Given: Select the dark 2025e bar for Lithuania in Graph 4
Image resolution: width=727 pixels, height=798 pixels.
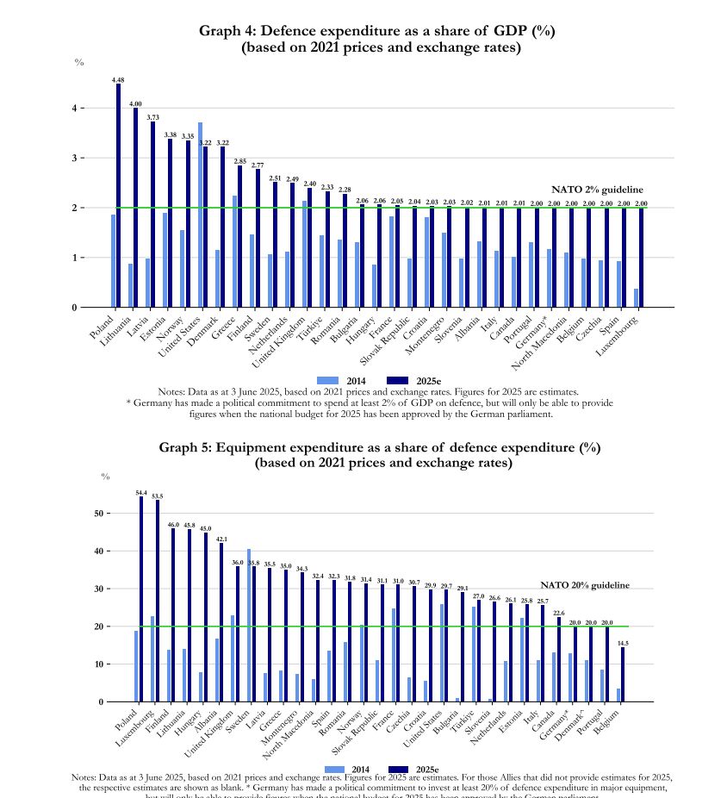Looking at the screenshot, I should tap(136, 207).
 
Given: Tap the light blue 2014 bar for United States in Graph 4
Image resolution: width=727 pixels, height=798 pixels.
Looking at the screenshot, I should tap(200, 215).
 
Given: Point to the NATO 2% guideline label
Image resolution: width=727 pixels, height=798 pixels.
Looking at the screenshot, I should tap(597, 190).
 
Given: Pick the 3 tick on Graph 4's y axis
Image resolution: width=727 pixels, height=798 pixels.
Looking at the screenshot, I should tap(85, 159).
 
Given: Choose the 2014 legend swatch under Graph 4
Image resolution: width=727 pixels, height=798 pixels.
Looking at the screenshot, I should tap(328, 381).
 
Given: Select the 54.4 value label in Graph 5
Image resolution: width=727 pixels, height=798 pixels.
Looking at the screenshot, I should tap(141, 493).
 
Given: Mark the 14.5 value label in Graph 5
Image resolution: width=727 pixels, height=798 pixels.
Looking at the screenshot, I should tap(623, 643).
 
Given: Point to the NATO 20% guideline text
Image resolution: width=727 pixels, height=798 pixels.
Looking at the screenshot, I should tap(585, 586).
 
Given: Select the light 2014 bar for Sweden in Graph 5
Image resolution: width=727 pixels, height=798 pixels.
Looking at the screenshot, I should tap(249, 625).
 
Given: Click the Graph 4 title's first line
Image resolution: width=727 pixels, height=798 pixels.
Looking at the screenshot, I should tap(376, 31).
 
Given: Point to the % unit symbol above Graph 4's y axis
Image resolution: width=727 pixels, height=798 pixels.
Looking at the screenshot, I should tap(79, 63).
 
